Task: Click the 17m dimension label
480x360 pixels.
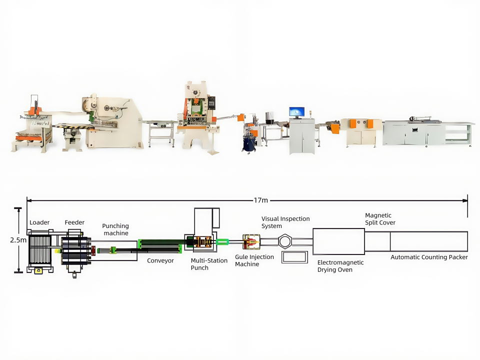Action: [261, 200]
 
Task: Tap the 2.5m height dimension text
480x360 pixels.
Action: [18, 240]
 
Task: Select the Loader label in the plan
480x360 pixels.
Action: [39, 222]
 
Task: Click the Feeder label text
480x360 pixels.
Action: [74, 222]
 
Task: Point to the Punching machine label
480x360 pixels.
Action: [115, 229]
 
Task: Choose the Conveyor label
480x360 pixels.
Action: [160, 261]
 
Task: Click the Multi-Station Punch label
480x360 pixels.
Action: [209, 264]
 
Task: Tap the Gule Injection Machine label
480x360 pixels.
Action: [254, 260]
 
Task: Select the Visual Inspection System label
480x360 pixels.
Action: [285, 222]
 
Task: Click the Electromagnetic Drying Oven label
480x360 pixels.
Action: [340, 266]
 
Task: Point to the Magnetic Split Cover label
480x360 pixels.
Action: [380, 219]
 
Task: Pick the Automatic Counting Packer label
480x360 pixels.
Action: [429, 257]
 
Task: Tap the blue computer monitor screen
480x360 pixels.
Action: [296, 112]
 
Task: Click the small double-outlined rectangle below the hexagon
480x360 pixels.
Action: [295, 252]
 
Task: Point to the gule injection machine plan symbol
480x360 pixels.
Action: [251, 242]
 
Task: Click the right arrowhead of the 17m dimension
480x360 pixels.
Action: [465, 201]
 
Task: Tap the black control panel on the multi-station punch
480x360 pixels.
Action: [211, 103]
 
